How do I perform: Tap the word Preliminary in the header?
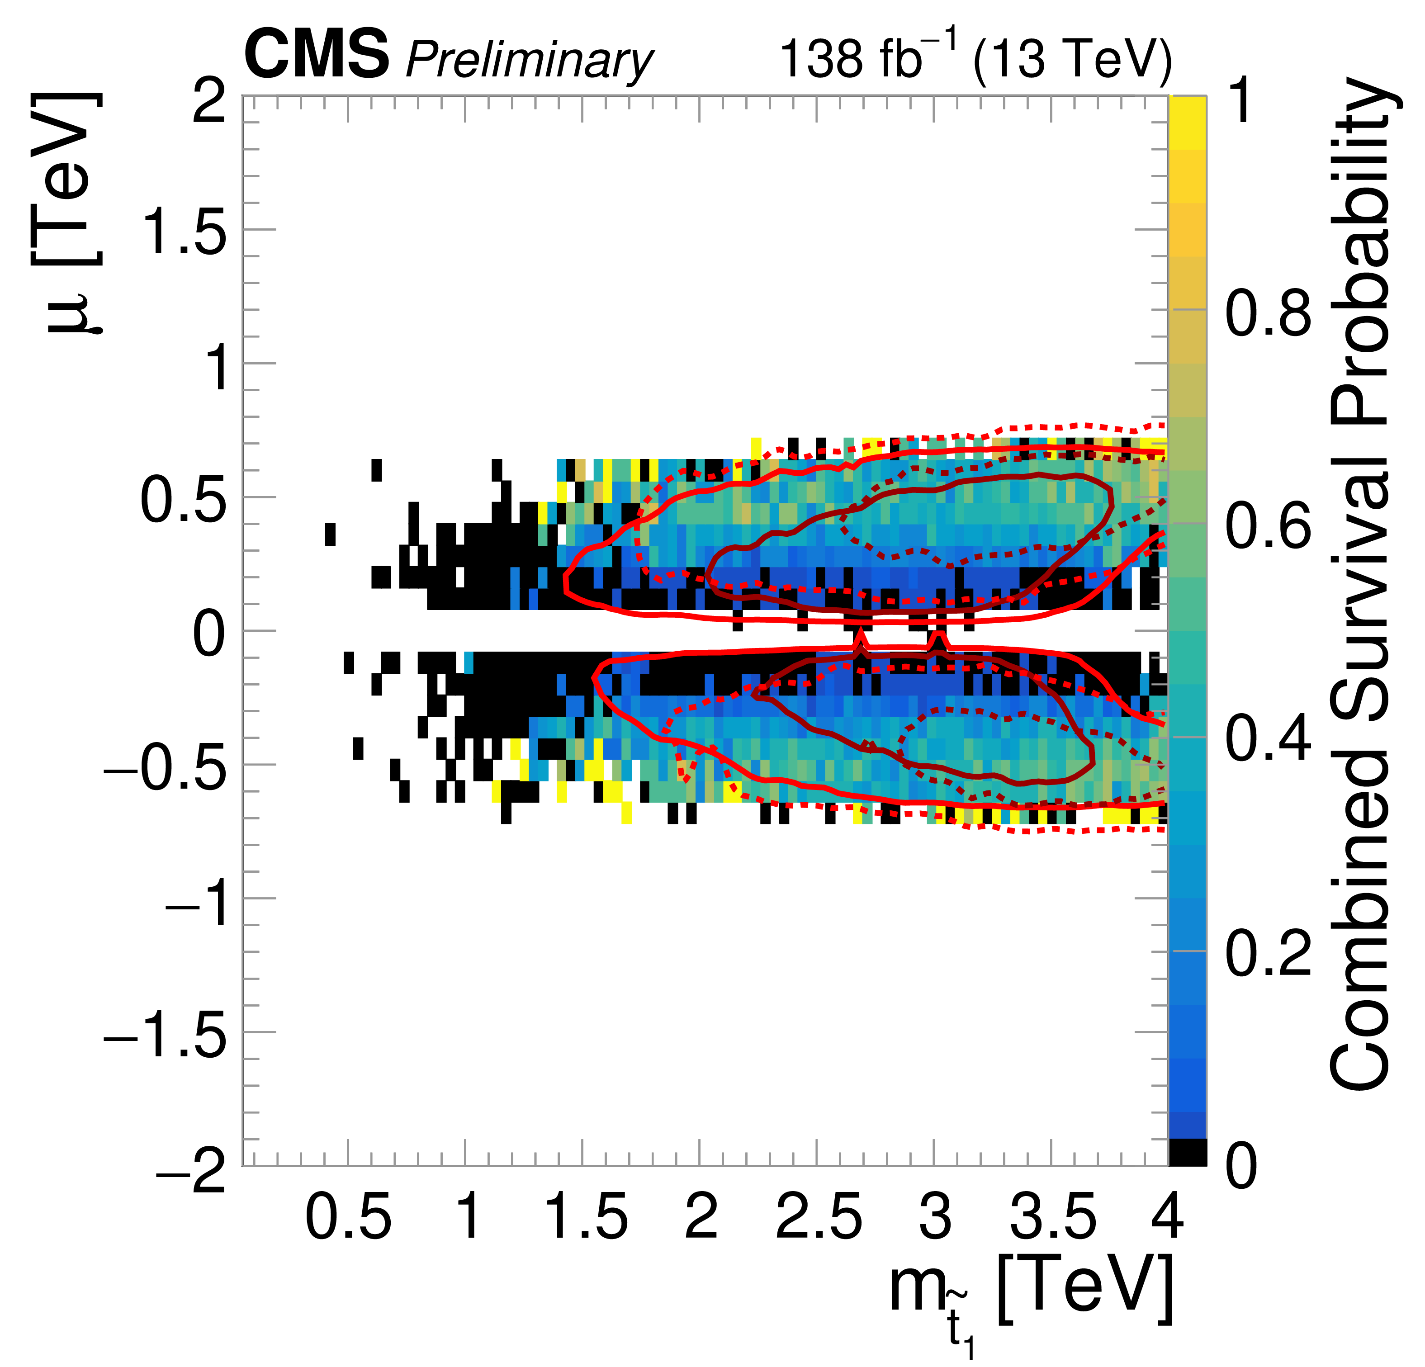529,60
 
